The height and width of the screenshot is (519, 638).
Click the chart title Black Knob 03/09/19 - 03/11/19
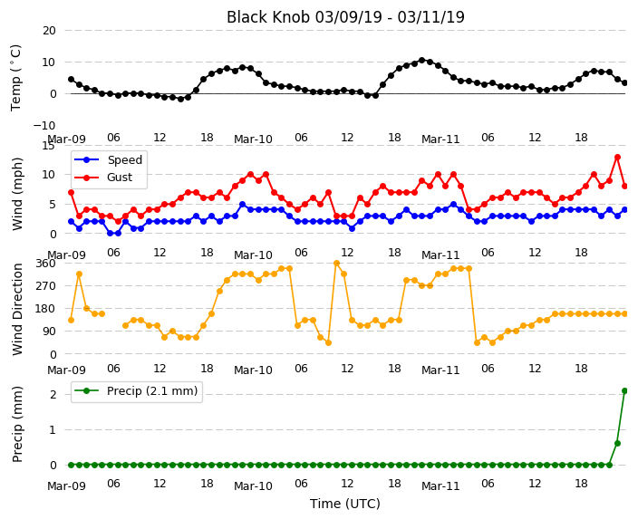pyautogui.click(x=345, y=17)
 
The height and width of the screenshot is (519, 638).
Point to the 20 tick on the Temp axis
pyautogui.click(x=49, y=31)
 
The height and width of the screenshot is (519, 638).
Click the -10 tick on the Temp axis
pyautogui.click(x=44, y=126)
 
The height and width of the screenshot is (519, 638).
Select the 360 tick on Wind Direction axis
pyautogui.click(x=45, y=264)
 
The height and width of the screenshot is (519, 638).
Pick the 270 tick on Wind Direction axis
pyautogui.click(x=45, y=286)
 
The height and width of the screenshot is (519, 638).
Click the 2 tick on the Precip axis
pyautogui.click(x=53, y=395)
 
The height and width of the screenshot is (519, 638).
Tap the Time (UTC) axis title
pyautogui.click(x=345, y=504)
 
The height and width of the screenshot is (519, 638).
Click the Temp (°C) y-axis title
pyautogui.click(x=16, y=78)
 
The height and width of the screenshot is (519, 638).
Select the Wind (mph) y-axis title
pyautogui.click(x=16, y=194)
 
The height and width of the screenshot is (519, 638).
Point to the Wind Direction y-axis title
pyautogui.click(x=16, y=309)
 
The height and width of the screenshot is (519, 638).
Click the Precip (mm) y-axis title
pyautogui.click(x=16, y=424)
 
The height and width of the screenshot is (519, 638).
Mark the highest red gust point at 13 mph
pyautogui.click(x=617, y=157)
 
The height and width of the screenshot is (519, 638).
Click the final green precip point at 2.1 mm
pyautogui.click(x=625, y=391)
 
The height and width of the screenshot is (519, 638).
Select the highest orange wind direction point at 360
pyautogui.click(x=336, y=264)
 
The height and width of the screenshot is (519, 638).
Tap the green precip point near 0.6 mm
pyautogui.click(x=617, y=443)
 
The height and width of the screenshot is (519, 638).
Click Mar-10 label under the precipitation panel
pyautogui.click(x=253, y=486)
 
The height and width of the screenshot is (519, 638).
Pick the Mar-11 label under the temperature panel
pyautogui.click(x=440, y=139)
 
